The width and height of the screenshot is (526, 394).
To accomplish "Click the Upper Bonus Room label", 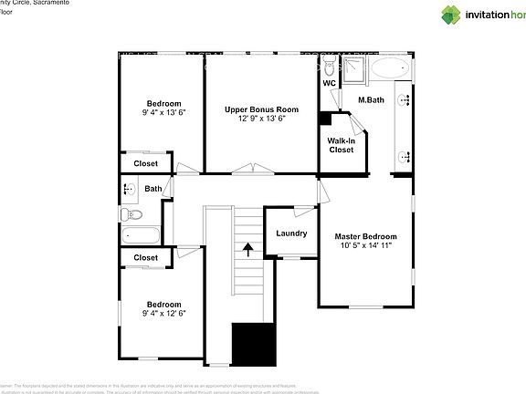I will pos(262,109).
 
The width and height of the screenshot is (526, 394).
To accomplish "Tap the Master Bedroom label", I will pos(365,236).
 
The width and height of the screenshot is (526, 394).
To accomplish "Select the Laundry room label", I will pos(291,233).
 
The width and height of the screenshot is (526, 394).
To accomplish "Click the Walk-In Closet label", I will pos(342,145).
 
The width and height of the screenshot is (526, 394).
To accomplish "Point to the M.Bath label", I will pos(370,99).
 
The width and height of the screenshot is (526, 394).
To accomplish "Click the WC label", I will pos(329,83).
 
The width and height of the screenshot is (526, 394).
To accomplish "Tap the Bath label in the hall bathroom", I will pos(153,190).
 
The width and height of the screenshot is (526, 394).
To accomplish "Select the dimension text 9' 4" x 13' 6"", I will pos(163,112).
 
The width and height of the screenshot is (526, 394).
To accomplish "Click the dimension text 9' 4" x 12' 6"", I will pos(163,313).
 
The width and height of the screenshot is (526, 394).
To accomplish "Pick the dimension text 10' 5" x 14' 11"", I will pos(365,245).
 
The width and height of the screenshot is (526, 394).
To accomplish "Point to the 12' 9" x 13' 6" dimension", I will pos(262,118).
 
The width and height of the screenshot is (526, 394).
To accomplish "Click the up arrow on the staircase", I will pos(247,248).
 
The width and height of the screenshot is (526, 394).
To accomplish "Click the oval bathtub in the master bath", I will pos(391,69).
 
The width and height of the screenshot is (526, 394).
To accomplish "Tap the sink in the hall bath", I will pos(128,190).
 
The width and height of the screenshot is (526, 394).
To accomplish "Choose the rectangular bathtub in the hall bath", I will pos(141,236).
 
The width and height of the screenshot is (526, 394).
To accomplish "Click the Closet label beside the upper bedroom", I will pos(145,163).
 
